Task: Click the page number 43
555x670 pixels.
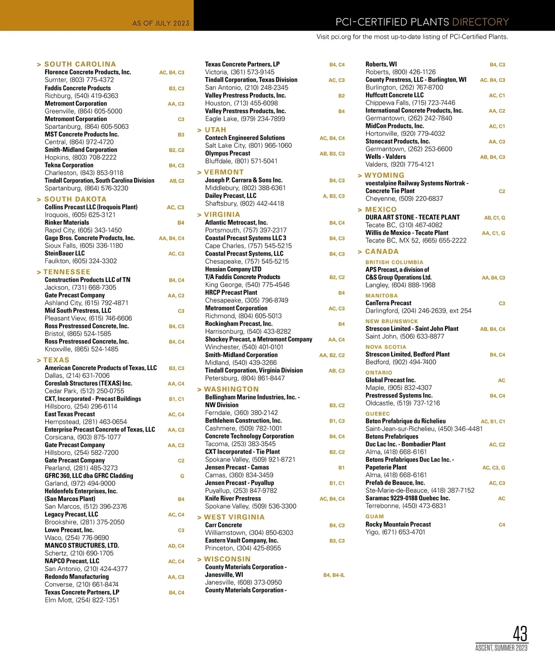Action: (520, 633)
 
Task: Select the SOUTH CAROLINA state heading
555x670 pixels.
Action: (80, 64)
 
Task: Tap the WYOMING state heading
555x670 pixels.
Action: (384, 176)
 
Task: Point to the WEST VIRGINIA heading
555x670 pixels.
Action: (234, 518)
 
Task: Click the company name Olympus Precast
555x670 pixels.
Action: (228, 153)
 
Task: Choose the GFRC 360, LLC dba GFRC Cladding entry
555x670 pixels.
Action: (89, 476)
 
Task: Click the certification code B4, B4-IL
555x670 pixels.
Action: (334, 575)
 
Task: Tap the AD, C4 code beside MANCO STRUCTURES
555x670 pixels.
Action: (176, 546)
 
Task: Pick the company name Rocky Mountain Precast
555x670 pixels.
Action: (398, 524)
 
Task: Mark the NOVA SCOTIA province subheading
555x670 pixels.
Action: (386, 347)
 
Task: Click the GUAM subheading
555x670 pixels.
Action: (375, 517)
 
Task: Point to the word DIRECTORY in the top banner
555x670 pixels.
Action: (480, 22)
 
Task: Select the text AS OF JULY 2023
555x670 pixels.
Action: (160, 23)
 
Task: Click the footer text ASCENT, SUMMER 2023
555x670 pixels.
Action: (501, 648)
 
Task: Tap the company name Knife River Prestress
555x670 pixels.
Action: (233, 499)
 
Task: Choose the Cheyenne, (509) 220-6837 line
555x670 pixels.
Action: (404, 199)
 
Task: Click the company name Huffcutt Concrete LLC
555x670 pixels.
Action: (395, 95)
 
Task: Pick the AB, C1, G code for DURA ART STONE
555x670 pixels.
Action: (494, 218)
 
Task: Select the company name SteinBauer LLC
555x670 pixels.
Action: (65, 253)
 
